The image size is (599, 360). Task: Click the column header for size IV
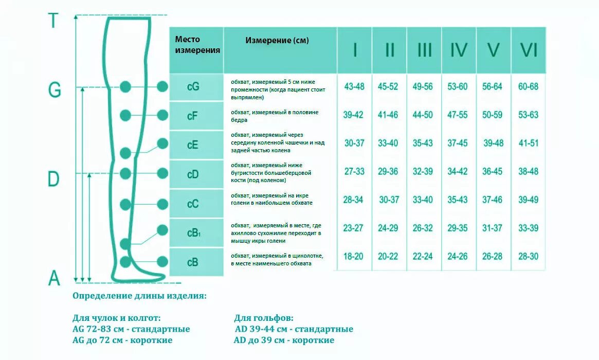coord(459,50)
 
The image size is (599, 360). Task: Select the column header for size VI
coord(529,50)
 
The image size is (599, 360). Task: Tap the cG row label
coord(193,87)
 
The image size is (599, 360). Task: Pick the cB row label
coord(192,262)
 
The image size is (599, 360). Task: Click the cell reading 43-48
coord(354,86)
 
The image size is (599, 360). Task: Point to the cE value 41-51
coord(528,143)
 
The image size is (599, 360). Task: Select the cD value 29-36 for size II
coord(388,171)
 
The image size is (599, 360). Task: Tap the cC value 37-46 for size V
coord(493,200)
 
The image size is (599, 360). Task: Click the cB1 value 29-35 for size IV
coord(457,228)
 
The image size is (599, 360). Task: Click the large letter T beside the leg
coord(53,21)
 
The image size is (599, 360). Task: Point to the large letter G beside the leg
coord(55,91)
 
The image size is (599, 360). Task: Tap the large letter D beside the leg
coord(53,179)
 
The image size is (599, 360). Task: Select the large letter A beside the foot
coord(54,278)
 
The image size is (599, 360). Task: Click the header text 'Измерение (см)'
coord(277,40)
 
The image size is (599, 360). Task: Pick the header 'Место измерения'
coord(197,45)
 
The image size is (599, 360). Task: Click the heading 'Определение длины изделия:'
coord(140,296)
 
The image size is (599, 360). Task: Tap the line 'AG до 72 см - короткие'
coord(123,340)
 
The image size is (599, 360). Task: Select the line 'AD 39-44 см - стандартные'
coord(293,329)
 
